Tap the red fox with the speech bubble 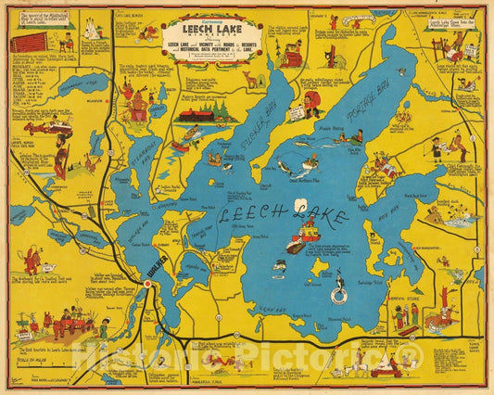32,259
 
